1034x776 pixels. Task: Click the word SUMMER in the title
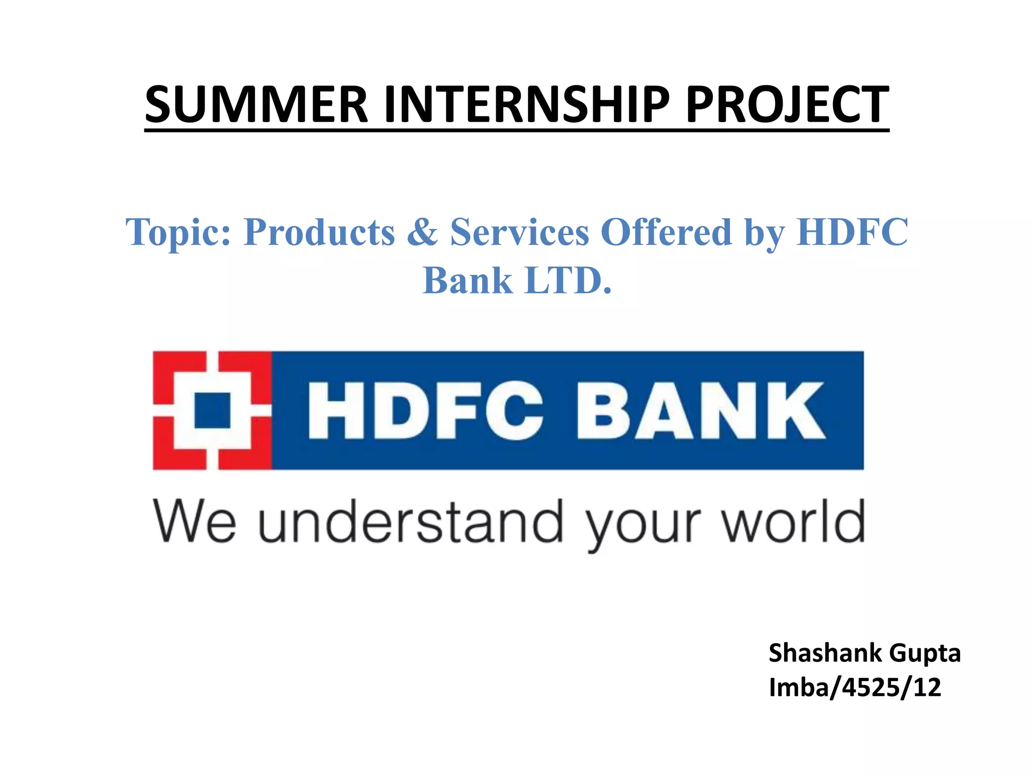[x=256, y=105]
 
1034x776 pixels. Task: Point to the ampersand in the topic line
[x=422, y=232]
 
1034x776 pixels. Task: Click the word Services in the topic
[x=520, y=232]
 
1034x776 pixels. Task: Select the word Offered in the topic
[x=666, y=232]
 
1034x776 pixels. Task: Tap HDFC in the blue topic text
[x=852, y=232]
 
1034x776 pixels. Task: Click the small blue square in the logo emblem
[x=213, y=410]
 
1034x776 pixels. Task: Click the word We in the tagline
[x=194, y=521]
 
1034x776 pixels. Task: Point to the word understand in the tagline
[x=410, y=521]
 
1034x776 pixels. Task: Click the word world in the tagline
[x=793, y=521]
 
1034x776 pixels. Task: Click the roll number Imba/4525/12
[x=855, y=688]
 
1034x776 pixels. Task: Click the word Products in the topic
[x=319, y=232]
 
